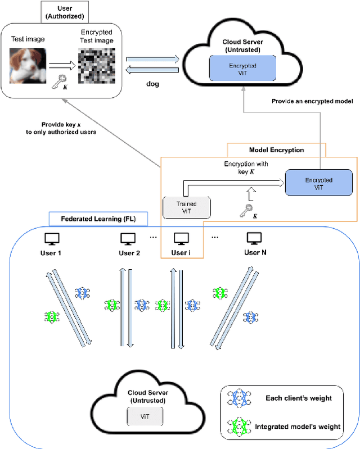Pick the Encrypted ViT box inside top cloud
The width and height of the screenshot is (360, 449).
[242, 70]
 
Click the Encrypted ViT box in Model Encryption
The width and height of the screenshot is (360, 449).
[319, 184]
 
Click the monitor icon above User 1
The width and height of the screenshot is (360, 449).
[51, 238]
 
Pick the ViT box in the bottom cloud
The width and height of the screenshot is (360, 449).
[145, 416]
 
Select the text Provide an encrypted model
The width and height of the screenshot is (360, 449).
[312, 101]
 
